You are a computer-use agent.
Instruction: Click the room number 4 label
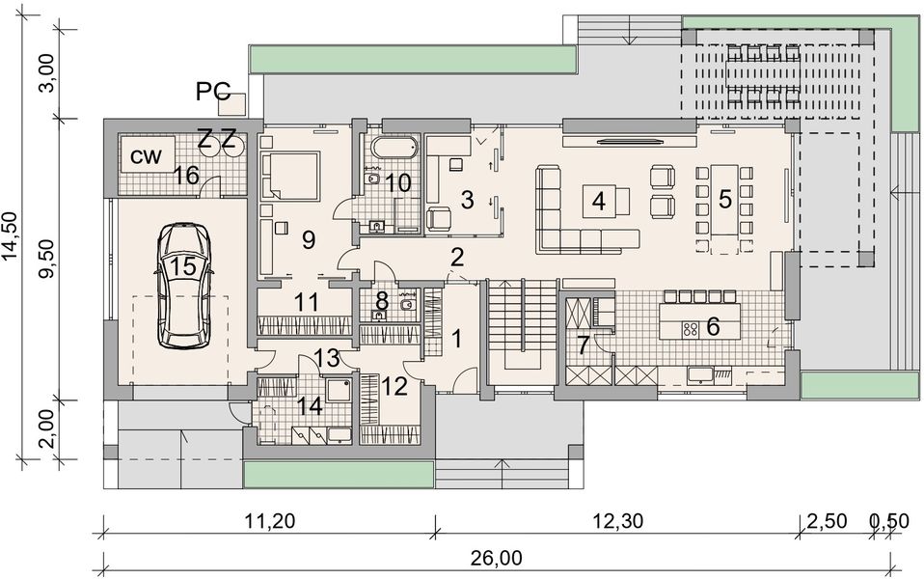[599, 202]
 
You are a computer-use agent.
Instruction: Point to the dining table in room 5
[726, 202]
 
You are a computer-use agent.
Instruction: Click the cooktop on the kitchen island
[691, 329]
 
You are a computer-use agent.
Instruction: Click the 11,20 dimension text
[268, 522]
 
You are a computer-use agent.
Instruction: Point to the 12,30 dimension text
[616, 522]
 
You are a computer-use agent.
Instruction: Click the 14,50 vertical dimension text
[11, 236]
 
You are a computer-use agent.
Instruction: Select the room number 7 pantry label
[583, 345]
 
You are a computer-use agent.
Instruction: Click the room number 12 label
[395, 387]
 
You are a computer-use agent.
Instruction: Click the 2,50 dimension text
[828, 522]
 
